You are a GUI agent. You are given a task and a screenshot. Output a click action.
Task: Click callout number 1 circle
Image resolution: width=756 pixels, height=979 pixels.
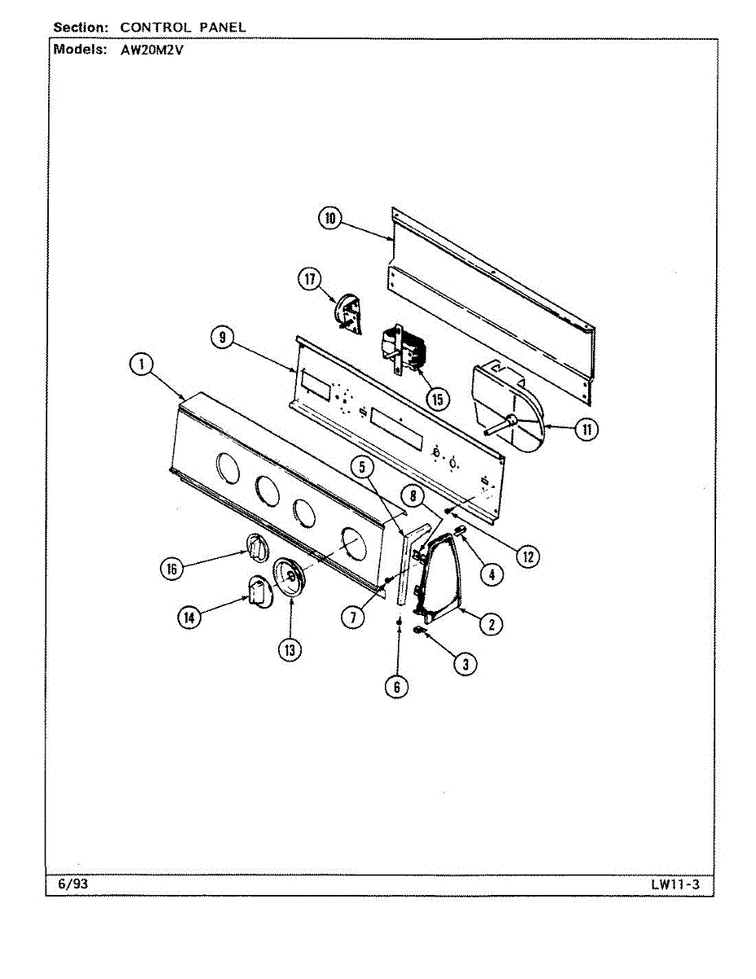click(x=142, y=364)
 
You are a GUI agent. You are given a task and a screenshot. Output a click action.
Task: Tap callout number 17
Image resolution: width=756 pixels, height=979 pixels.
click(x=309, y=280)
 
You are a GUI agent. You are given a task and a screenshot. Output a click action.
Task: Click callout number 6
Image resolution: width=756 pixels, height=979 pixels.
click(x=396, y=687)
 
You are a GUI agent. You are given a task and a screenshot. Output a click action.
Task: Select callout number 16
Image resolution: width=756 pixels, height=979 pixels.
click(x=171, y=569)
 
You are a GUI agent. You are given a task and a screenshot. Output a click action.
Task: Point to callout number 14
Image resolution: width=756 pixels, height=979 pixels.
click(x=189, y=618)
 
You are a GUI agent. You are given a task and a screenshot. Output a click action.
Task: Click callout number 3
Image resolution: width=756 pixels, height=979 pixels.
click(x=465, y=664)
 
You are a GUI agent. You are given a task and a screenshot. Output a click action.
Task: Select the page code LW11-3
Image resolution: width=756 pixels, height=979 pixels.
click(x=675, y=884)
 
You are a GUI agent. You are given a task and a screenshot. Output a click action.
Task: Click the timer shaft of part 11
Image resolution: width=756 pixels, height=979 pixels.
click(x=497, y=426)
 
